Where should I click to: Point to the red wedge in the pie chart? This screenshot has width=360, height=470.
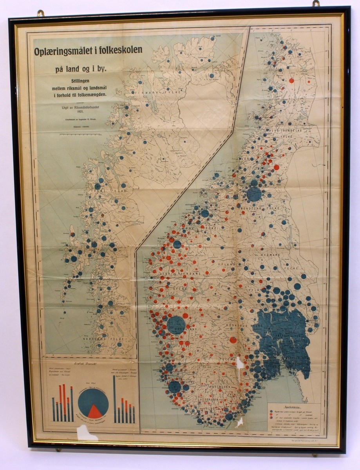[x=94, y=411]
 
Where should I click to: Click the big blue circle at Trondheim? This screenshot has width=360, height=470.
[x=254, y=194]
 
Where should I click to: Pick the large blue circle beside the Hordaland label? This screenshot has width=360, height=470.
[x=176, y=325]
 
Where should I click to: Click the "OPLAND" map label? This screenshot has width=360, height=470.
[x=225, y=265]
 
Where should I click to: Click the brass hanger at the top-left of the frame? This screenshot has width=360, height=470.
[x=41, y=13]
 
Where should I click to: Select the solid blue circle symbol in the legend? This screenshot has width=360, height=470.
[x=271, y=412]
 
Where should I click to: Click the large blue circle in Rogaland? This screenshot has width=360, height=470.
[x=175, y=387]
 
